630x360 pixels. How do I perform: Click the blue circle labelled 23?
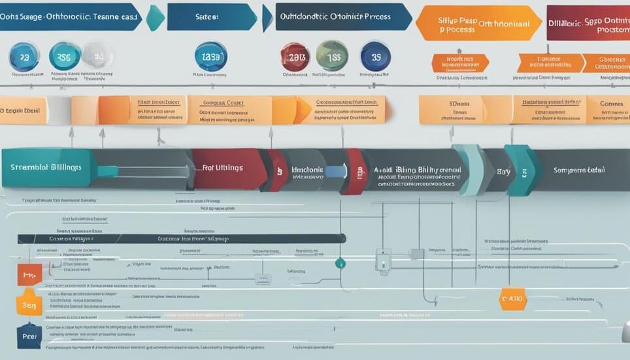24,57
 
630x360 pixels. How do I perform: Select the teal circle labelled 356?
65,57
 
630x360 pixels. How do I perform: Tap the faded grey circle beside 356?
97,56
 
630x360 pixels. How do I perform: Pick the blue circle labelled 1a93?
210,57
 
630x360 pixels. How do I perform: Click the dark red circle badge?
295,57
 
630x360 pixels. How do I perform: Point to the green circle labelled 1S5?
332,56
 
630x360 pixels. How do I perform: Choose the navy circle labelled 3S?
376,57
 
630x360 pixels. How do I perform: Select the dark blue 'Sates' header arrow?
212,17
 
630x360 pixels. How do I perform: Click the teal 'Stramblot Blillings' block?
46,168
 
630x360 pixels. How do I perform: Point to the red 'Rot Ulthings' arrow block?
225,169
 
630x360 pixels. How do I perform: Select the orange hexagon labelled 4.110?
512,299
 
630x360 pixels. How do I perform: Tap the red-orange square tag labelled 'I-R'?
29,276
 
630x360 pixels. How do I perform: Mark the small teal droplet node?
339,263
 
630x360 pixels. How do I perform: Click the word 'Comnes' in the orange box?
612,104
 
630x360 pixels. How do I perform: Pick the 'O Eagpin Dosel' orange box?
22,110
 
